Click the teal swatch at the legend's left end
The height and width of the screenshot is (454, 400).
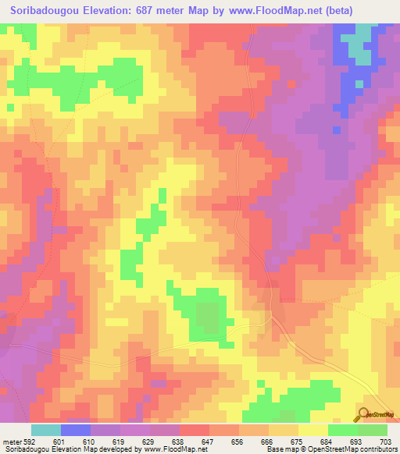[x=46, y=430]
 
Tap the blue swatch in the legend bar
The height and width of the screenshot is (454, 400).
[x=76, y=430]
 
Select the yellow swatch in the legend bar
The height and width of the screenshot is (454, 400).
[x=312, y=430]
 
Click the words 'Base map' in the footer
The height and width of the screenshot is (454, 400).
[x=278, y=449]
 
